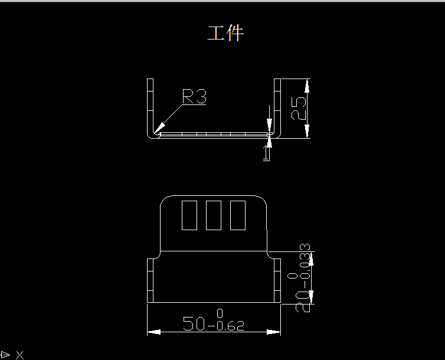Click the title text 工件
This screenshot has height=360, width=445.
point(225,33)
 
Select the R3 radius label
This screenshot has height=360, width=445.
point(194,97)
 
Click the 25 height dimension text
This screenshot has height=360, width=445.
point(300,108)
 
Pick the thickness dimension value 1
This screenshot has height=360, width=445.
point(267,154)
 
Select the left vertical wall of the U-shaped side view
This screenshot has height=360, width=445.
point(150,106)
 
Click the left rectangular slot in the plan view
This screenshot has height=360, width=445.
point(190,215)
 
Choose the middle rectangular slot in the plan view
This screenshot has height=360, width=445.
point(214,215)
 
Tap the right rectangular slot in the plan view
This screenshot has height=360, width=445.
point(237,215)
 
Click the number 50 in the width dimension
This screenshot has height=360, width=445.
point(195,324)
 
